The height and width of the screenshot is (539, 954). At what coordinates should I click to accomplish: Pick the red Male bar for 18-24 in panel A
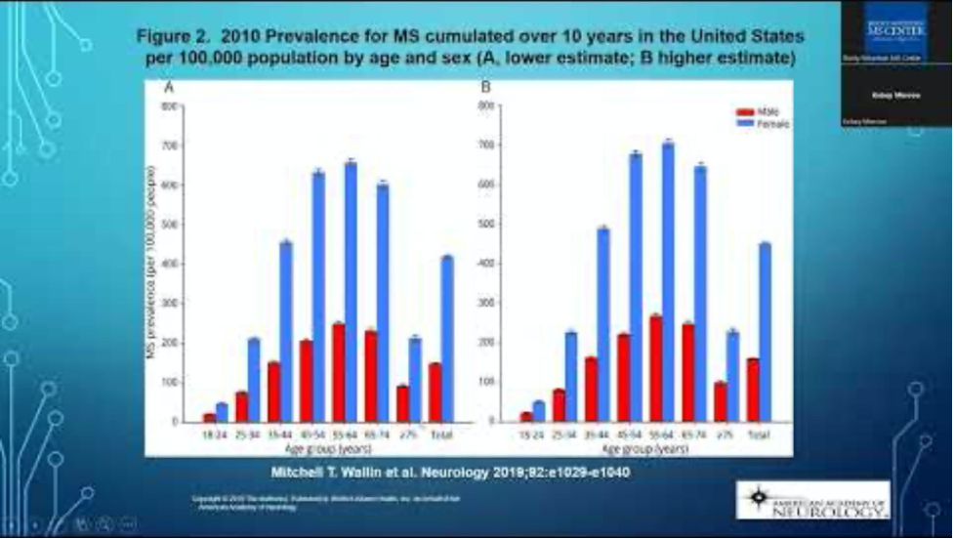coord(209,417)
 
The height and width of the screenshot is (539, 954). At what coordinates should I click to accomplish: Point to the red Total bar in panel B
coord(752,390)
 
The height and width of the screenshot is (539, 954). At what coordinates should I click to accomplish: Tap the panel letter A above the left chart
coord(169,88)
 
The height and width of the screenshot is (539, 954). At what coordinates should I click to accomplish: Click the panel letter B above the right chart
coord(485,88)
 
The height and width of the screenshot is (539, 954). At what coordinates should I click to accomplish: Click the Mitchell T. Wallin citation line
coord(449,474)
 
